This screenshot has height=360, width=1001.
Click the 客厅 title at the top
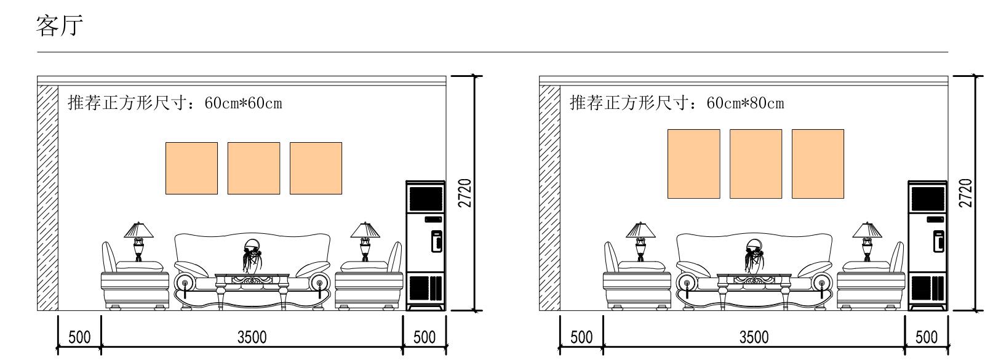tap(60, 26)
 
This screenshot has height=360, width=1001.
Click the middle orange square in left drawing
tap(253, 168)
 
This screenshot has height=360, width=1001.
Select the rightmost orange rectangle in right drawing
tap(817, 164)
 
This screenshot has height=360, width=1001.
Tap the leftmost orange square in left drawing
tap(191, 168)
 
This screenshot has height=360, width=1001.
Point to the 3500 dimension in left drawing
tap(252, 337)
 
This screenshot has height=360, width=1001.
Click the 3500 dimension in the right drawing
tap(754, 337)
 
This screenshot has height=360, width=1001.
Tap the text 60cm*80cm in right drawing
tap(745, 103)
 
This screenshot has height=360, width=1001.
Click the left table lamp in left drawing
tap(138, 241)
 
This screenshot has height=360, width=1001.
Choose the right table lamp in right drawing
tap(867, 241)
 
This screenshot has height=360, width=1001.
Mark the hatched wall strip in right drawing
tap(549, 197)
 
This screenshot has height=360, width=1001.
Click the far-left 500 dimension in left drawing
tap(79, 337)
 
